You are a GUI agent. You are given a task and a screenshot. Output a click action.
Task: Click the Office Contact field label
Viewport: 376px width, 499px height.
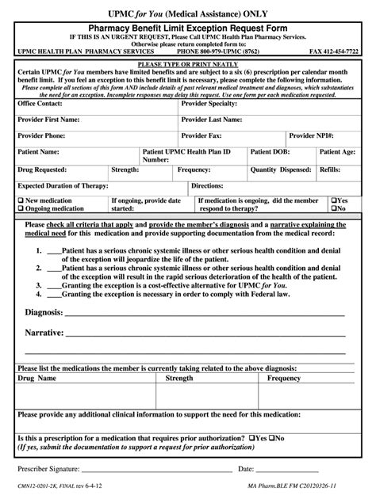[40, 104]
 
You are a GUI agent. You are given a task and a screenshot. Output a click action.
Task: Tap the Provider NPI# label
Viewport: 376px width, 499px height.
[312, 135]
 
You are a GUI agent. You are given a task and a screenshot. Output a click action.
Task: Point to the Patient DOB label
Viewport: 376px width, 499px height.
[271, 150]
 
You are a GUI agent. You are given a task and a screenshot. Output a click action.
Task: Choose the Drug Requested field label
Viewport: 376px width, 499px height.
[44, 170]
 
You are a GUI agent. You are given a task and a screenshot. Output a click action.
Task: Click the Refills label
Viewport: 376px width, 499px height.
[330, 170]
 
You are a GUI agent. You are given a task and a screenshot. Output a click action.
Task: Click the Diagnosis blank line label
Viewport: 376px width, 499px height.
[44, 312]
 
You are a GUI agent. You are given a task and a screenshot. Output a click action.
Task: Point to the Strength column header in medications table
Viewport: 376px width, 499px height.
[179, 379]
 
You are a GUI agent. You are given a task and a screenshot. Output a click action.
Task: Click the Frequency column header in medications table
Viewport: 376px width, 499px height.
[283, 379]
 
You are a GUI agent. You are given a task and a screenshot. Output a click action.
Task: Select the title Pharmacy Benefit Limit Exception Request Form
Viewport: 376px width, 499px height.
[188, 26]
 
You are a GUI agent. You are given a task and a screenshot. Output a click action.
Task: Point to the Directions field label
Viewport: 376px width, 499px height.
[207, 185]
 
